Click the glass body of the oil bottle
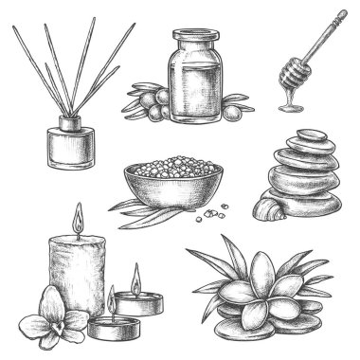point(198,90)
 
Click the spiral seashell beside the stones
point(263,206)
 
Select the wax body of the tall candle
point(75,275)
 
